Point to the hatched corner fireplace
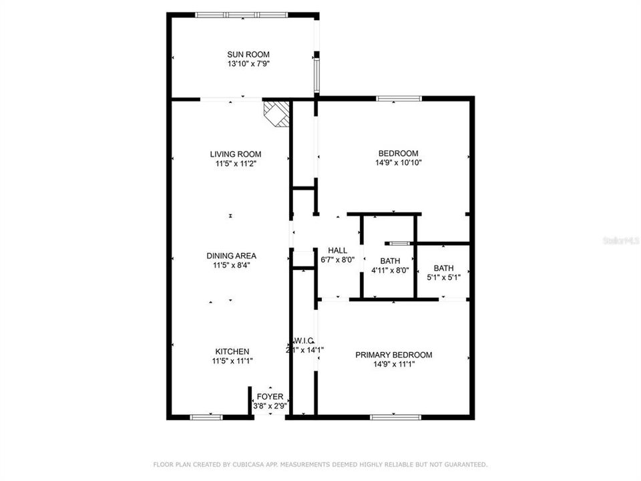coord(277,113)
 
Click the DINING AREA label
coord(232,256)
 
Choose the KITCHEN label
coord(232,351)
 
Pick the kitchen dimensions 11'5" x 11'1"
coord(232,361)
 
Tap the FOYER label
coord(270,397)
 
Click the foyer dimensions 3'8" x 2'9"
coord(270,406)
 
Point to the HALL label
coord(337,251)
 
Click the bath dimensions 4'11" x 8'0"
coord(390,271)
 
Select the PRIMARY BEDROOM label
coord(393,355)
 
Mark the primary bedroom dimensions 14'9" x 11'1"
coord(393,365)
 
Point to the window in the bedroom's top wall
coord(399,99)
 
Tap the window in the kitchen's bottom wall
coord(206,417)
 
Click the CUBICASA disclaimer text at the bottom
coord(320,464)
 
